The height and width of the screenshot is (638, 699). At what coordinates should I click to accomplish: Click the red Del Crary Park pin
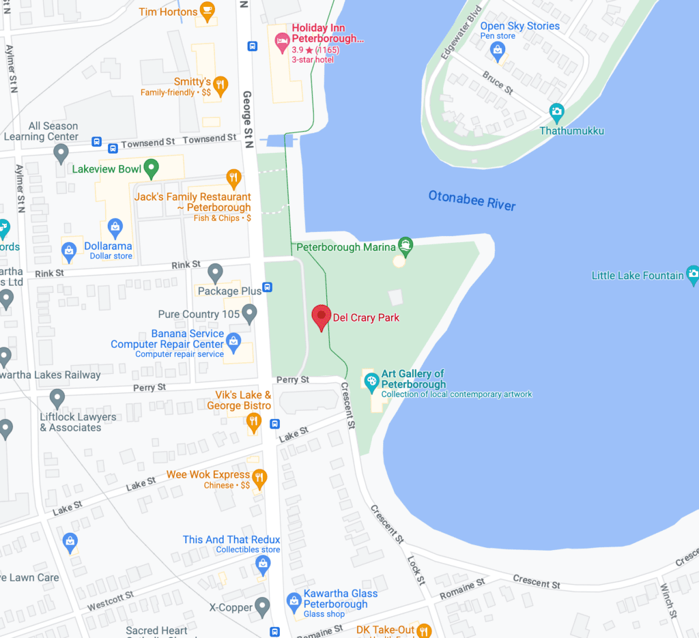[322, 317]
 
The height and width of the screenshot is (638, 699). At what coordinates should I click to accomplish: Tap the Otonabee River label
[472, 201]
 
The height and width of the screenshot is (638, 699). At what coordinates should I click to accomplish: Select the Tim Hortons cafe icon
[208, 12]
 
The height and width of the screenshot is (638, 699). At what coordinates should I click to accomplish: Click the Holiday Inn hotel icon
[281, 42]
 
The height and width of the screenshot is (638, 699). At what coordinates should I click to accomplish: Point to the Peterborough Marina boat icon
[405, 246]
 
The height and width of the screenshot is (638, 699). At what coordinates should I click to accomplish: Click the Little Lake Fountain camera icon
[693, 275]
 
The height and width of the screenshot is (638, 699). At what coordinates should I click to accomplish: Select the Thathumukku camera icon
[557, 112]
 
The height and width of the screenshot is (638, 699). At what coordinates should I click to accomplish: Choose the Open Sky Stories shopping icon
[498, 49]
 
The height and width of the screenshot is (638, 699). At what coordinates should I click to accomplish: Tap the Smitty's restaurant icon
[220, 85]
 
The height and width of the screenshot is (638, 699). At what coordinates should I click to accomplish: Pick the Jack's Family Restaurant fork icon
[234, 179]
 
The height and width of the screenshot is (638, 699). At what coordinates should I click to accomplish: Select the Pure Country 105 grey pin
[249, 313]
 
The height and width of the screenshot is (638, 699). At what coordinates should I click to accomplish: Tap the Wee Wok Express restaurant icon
[259, 477]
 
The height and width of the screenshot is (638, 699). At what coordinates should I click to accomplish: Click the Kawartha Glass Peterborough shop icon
[294, 601]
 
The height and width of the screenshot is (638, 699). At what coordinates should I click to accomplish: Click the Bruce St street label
[497, 82]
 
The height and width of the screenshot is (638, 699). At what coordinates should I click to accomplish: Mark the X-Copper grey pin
[263, 606]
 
